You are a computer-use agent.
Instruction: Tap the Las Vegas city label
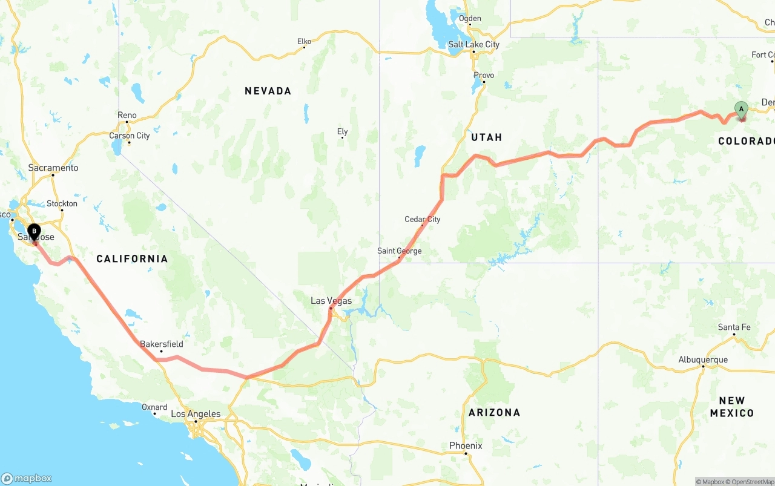[331, 301]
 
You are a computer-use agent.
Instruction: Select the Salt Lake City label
[473, 44]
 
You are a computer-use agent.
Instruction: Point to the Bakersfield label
[161, 344]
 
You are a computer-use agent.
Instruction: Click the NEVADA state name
[268, 91]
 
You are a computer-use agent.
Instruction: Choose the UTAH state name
[486, 137]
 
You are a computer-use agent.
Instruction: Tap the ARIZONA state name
[494, 412]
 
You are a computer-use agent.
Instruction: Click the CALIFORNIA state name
[132, 258]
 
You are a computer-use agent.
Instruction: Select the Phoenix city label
[466, 445]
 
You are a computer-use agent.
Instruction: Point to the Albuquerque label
[703, 360]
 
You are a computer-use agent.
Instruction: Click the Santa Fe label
[734, 327]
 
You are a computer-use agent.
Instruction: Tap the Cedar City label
[423, 219]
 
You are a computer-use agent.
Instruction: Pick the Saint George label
[399, 251]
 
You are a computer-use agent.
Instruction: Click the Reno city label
[127, 115]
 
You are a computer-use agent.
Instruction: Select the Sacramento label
[53, 168]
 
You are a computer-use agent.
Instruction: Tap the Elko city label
[304, 42]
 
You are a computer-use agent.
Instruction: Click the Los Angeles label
[196, 414]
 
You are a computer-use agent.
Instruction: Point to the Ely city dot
[343, 137]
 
